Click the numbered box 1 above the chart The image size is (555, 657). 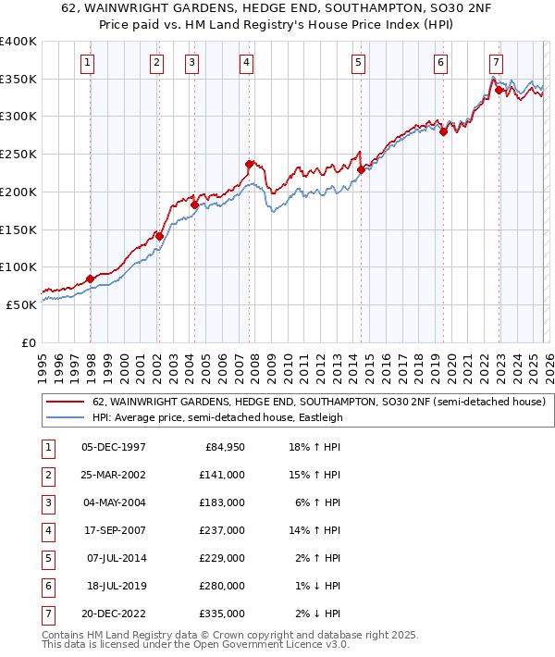pyautogui.click(x=87, y=63)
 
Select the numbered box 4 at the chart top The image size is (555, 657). pyautogui.click(x=247, y=63)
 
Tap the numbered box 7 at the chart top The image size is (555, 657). pyautogui.click(x=497, y=63)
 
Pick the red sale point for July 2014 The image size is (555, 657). pyautogui.click(x=361, y=169)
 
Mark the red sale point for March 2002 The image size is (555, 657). pyautogui.click(x=159, y=236)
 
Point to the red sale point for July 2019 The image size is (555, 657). pyautogui.click(x=443, y=131)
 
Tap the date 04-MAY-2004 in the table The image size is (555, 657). pyautogui.click(x=114, y=502)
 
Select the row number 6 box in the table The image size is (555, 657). pyautogui.click(x=48, y=586)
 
